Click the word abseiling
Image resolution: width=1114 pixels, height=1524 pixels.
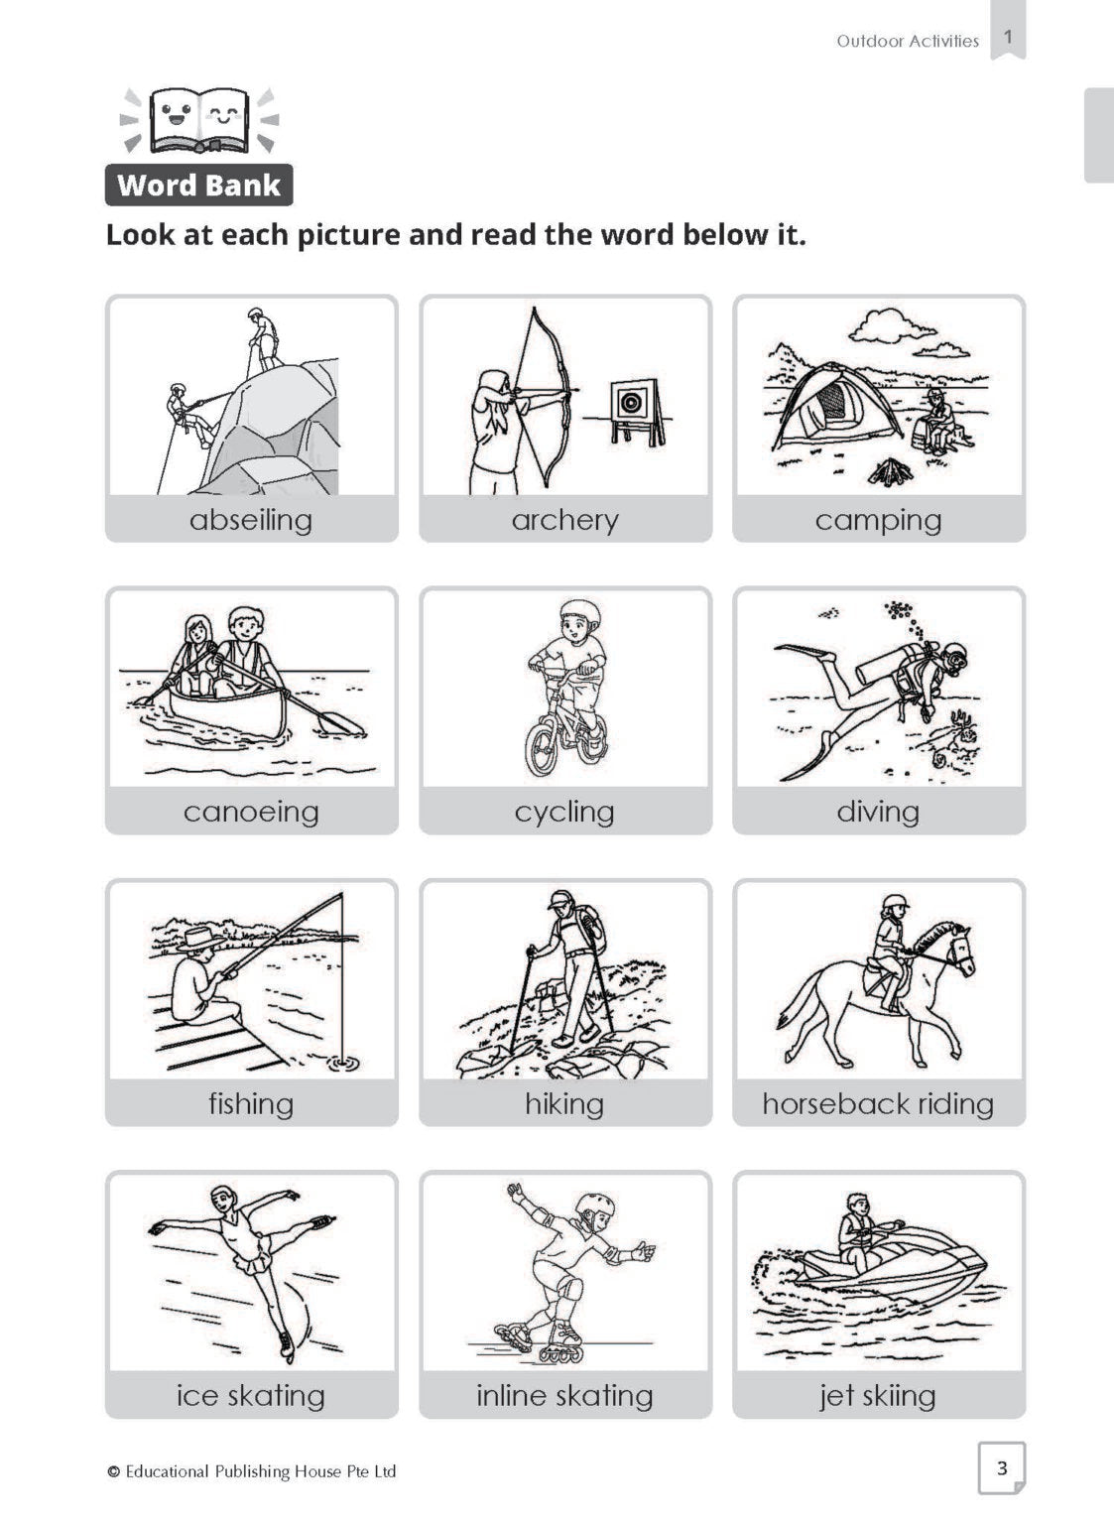251,521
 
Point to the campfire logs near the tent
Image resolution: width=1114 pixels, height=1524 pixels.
890,471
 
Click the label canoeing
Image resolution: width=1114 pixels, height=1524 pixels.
251,813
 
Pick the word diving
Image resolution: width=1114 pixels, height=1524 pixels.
878,813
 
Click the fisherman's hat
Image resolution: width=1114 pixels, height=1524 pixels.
198,939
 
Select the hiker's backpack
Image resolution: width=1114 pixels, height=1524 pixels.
588,928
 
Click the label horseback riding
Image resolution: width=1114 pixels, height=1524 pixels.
878,1104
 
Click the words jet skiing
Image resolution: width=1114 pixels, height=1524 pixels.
877,1396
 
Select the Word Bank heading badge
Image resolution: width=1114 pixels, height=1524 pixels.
198,186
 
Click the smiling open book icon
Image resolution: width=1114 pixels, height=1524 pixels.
199,119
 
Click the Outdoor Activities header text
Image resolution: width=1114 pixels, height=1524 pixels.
908,41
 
